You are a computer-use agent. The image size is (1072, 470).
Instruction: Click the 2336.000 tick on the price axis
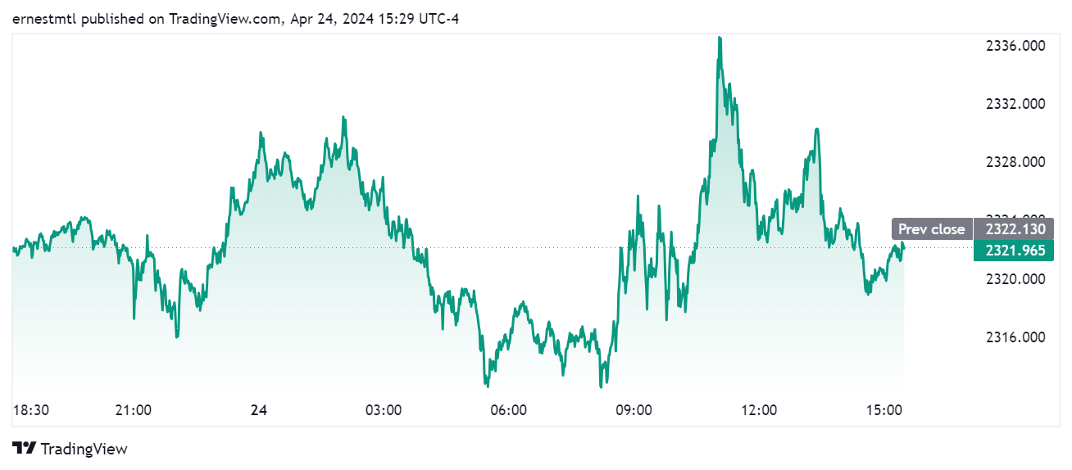(x=1015, y=46)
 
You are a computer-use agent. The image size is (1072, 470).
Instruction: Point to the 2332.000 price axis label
(x=1015, y=104)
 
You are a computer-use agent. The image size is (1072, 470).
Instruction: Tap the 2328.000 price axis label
(x=1015, y=162)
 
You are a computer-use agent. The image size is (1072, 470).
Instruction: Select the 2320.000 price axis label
(x=1015, y=278)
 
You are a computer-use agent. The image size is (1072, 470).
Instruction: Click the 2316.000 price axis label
(x=1015, y=337)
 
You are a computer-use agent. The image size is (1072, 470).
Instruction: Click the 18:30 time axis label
(x=31, y=409)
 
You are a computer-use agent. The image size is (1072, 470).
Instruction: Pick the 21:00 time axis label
(x=134, y=409)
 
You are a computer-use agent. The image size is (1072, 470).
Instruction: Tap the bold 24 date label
(x=259, y=409)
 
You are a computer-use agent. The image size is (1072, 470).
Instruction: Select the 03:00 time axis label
(x=383, y=409)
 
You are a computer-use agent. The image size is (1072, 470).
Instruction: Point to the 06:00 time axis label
(x=508, y=409)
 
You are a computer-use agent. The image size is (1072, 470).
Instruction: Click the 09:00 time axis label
(x=634, y=409)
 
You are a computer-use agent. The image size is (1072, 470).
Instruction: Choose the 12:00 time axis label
(x=759, y=409)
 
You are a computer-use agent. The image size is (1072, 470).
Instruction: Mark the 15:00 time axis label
(x=883, y=409)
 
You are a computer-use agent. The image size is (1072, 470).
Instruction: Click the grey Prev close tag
(x=931, y=229)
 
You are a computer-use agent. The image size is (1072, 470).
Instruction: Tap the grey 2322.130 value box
(x=1015, y=229)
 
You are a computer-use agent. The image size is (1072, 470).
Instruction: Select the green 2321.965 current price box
(x=1015, y=251)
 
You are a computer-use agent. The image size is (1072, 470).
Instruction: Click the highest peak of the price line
(x=720, y=38)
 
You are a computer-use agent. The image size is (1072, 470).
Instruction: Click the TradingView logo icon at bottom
(x=25, y=449)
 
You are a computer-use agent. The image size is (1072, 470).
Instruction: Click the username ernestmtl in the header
(x=43, y=19)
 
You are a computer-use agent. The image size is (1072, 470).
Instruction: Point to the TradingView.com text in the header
(x=222, y=19)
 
